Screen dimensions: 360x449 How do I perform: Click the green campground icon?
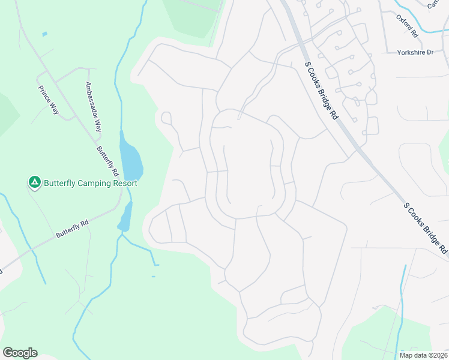[x=35, y=181]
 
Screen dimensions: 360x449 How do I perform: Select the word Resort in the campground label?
[x=126, y=184]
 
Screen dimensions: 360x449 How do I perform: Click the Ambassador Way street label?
[x=94, y=107]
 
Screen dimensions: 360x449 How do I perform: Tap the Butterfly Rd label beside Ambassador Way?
[x=109, y=159]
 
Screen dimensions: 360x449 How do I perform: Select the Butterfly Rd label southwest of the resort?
[x=72, y=228]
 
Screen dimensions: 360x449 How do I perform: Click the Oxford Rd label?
[x=407, y=26]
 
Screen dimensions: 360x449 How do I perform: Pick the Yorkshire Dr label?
[x=415, y=53]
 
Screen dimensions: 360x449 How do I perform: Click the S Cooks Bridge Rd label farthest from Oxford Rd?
[x=426, y=227]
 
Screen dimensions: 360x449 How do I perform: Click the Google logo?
[x=20, y=353]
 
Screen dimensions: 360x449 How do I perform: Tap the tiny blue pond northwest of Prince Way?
[x=45, y=34]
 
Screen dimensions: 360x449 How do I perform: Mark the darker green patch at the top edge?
[x=192, y=15]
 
